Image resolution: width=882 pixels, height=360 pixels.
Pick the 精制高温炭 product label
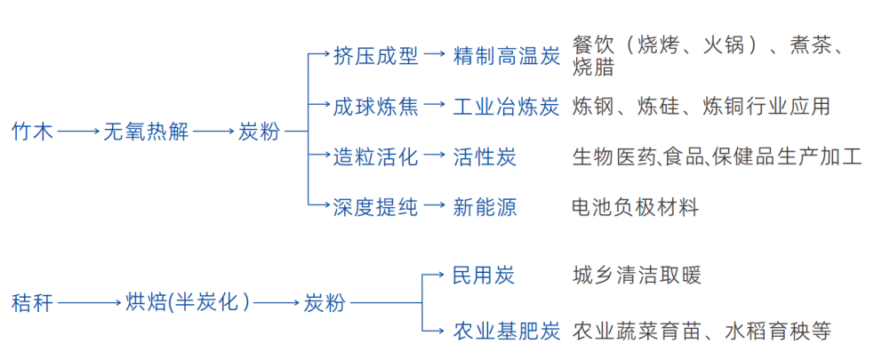click(507, 55)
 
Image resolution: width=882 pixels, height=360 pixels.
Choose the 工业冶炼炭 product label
click(507, 107)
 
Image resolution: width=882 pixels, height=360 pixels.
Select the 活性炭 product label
click(485, 157)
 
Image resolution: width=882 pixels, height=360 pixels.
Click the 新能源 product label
click(485, 208)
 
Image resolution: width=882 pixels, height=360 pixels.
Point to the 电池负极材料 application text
click(636, 208)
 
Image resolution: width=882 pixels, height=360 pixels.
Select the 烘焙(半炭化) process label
click(188, 303)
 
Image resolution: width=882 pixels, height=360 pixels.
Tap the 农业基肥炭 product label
click(507, 332)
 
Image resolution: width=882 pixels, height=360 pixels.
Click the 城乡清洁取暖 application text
click(637, 275)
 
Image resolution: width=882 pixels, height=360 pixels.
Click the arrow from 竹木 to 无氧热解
click(79, 132)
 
